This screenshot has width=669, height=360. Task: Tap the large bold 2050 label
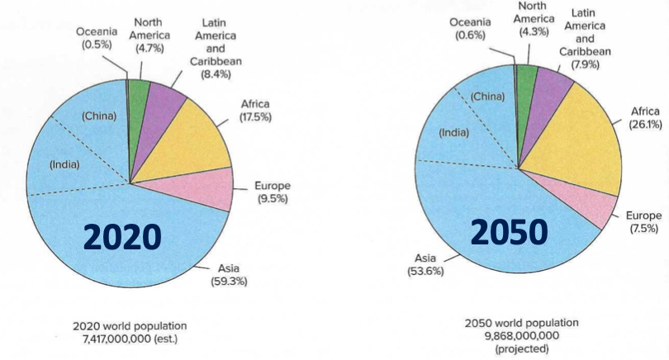pyautogui.click(x=509, y=233)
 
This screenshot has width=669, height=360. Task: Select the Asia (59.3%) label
pyautogui.click(x=229, y=275)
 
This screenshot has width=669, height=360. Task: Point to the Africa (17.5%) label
pyautogui.click(x=255, y=111)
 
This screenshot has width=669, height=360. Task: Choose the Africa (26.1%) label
pyautogui.click(x=644, y=117)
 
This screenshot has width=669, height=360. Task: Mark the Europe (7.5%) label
pyautogui.click(x=644, y=221)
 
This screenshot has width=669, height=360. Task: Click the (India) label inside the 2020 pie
pyautogui.click(x=64, y=164)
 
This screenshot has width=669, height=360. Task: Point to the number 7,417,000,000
pyautogui.click(x=130, y=339)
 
